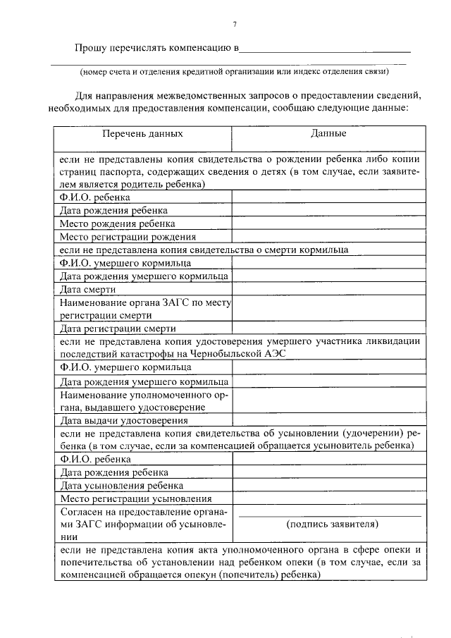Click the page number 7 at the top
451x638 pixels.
tap(234, 25)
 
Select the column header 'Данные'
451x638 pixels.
tap(328, 133)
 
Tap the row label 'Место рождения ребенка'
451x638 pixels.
tap(117, 223)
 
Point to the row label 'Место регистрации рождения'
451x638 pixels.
tap(128, 237)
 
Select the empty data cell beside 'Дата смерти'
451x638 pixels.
tap(328, 290)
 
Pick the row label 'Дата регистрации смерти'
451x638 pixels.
tap(116, 328)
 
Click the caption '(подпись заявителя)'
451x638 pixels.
tap(331, 524)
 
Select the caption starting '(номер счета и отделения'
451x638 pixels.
tap(233, 71)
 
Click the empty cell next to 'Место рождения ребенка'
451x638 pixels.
tap(328, 223)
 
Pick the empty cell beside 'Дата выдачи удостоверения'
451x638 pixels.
tap(328, 421)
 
